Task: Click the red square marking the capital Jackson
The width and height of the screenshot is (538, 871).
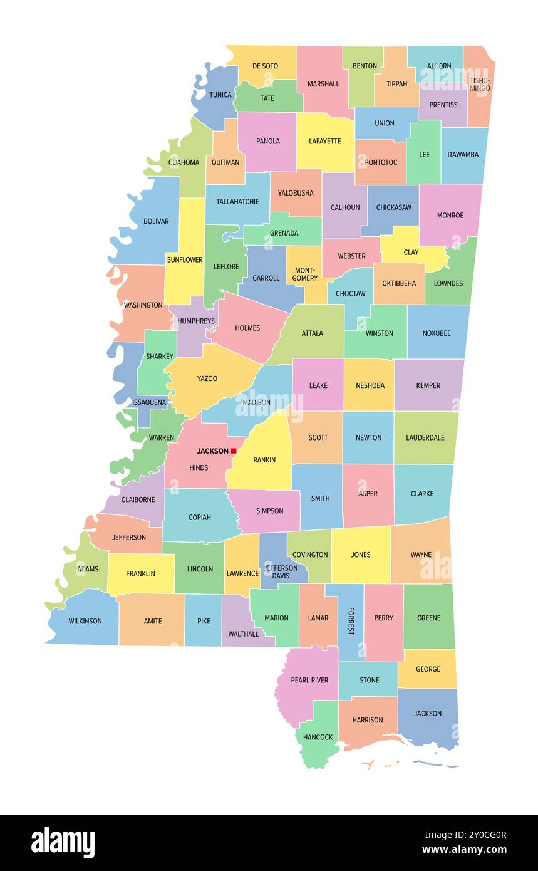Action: coord(234,451)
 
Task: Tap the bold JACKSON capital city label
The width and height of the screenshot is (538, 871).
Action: coord(212,451)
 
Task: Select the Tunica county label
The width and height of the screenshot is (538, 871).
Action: coord(220,95)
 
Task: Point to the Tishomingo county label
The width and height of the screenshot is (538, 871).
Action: coord(480,84)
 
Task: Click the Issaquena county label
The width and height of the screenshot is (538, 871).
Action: coord(149,402)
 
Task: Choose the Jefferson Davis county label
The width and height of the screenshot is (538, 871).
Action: coord(281,571)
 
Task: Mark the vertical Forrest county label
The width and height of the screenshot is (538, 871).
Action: coord(351,620)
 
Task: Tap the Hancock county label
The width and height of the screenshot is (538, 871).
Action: coord(318,737)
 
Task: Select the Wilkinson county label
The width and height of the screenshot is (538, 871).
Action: coord(85,621)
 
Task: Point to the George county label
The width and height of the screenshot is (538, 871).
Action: coord(428,669)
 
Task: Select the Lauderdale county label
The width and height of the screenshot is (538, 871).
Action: coord(425,437)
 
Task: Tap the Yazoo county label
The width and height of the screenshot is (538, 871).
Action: coord(207,378)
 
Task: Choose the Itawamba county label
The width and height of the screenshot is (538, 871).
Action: coord(463,155)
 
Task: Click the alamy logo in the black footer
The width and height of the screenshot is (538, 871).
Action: coord(63,843)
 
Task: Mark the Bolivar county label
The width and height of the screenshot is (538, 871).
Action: coord(156,221)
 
